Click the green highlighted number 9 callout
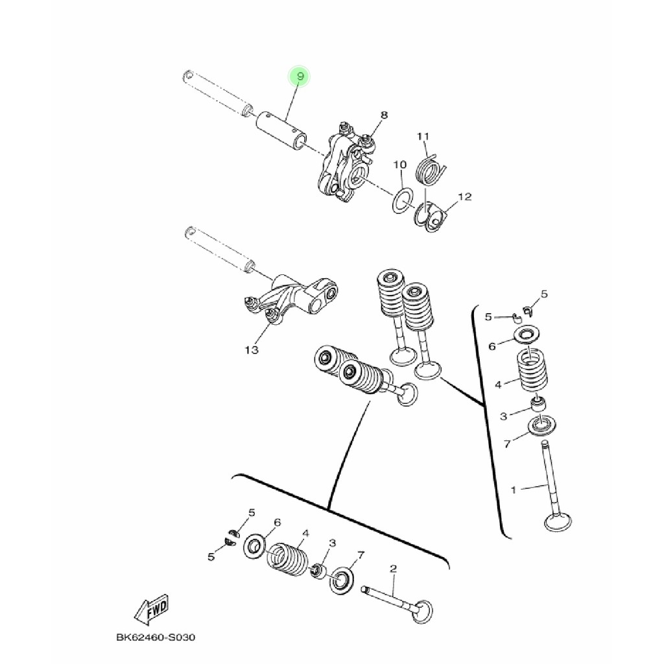click(300, 77)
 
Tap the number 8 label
click(384, 115)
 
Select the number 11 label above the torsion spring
click(423, 136)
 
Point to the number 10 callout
click(400, 164)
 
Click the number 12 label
click(464, 197)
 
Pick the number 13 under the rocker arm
click(251, 350)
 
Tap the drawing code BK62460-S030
click(156, 637)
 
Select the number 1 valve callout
click(514, 490)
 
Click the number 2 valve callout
click(393, 568)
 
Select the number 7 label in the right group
click(507, 444)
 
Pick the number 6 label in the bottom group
click(278, 523)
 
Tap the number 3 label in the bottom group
click(333, 543)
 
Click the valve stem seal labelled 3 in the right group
click(539, 404)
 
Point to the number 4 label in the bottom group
click(305, 533)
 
